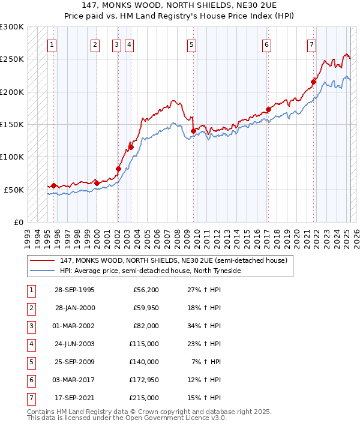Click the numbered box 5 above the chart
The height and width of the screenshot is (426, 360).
coord(191,44)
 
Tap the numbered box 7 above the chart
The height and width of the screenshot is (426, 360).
coord(311,44)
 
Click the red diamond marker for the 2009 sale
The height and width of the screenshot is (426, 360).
coord(193,131)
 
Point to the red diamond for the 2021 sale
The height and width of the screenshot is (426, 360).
coord(313,82)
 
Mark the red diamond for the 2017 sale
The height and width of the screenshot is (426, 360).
coord(268,109)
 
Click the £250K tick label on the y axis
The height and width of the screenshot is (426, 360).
coord(12,59)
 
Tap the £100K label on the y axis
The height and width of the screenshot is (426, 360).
coord(12,157)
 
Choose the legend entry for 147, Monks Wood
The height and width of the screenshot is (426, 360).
coord(174,260)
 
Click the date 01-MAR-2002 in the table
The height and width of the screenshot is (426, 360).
coord(75,326)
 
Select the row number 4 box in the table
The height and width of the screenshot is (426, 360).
coord(31,344)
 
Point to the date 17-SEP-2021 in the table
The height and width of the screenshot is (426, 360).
coord(74,398)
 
